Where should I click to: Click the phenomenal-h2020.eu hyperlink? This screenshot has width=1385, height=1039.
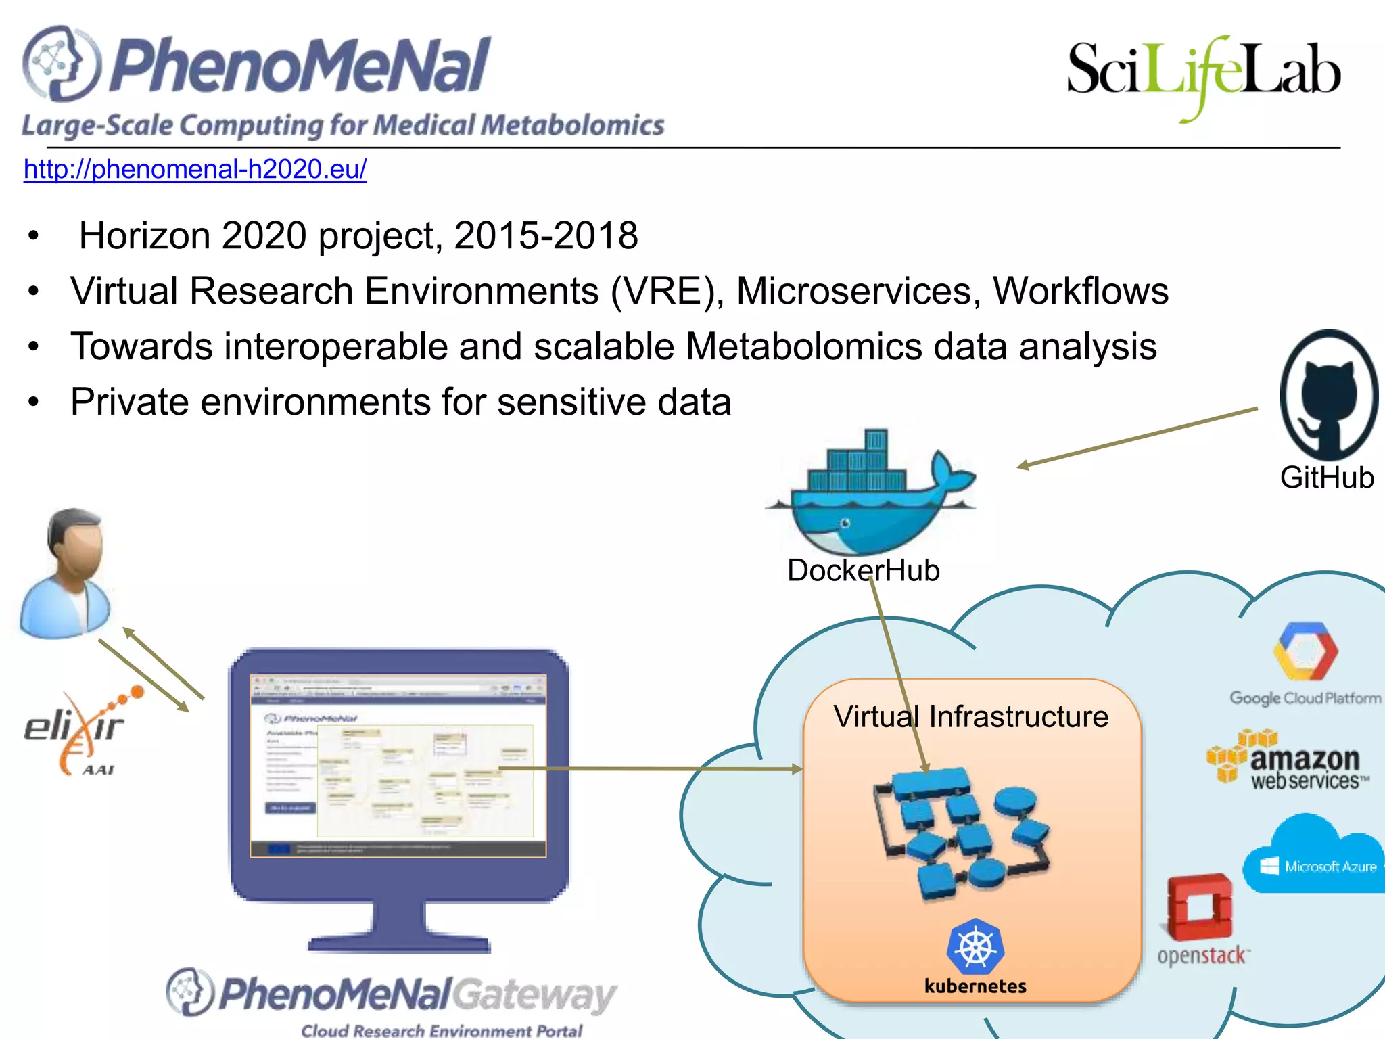(195, 169)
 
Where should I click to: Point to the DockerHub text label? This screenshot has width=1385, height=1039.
(863, 570)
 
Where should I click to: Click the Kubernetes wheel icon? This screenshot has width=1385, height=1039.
(975, 947)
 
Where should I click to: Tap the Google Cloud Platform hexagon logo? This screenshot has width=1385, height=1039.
(1305, 651)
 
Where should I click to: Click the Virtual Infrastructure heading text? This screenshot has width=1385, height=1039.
(970, 717)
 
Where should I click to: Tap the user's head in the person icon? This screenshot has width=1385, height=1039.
(76, 541)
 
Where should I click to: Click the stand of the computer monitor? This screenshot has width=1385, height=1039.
(399, 927)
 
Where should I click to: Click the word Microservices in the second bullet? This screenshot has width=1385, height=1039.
(858, 292)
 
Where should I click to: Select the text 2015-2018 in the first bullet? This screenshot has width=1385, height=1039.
(546, 236)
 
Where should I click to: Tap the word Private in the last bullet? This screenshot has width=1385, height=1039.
(130, 402)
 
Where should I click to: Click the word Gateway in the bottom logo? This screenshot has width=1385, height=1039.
(534, 995)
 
